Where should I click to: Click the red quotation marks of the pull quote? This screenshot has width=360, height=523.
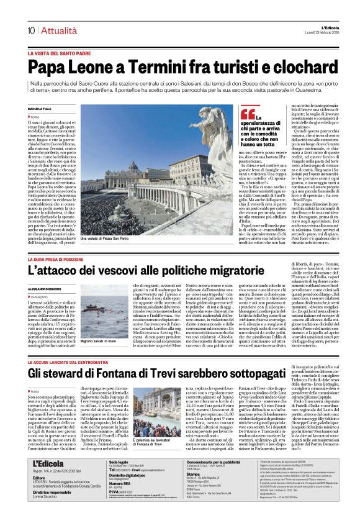[x=248, y=114]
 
